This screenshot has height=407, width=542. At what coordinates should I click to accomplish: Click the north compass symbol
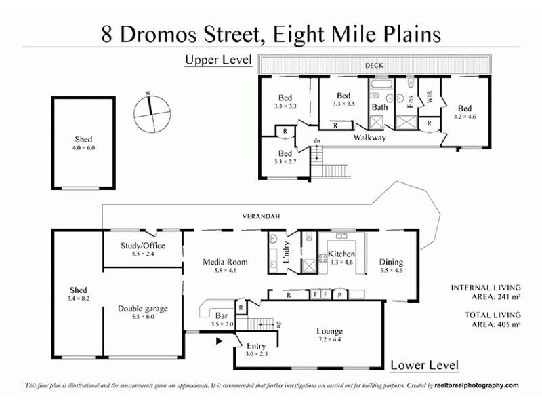[x=149, y=114]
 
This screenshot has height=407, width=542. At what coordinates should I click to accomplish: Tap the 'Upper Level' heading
[x=218, y=60]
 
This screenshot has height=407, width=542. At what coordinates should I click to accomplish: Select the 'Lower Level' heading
[x=424, y=366]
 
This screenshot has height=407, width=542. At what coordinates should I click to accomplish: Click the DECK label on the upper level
[x=373, y=66]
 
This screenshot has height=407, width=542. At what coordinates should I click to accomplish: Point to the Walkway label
[x=369, y=138]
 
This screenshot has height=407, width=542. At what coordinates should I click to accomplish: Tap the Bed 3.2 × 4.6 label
[x=464, y=113]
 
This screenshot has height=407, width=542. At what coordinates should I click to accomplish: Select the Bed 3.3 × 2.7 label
[x=285, y=157]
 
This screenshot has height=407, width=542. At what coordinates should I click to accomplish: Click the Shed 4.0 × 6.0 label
[x=84, y=143]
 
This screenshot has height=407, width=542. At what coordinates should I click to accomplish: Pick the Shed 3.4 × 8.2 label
[x=79, y=294]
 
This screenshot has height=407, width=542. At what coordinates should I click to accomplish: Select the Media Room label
[x=226, y=266]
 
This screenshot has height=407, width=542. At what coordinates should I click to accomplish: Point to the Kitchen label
[x=341, y=258]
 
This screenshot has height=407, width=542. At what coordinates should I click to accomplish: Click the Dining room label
[x=391, y=266]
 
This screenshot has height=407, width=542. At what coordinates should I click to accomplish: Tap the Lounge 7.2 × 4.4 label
[x=329, y=335]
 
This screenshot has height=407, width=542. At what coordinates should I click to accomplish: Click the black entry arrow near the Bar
[x=218, y=342]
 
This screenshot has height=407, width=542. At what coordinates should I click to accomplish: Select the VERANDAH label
[x=262, y=216]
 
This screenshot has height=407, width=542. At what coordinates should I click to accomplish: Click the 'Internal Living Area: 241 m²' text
[x=486, y=292]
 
